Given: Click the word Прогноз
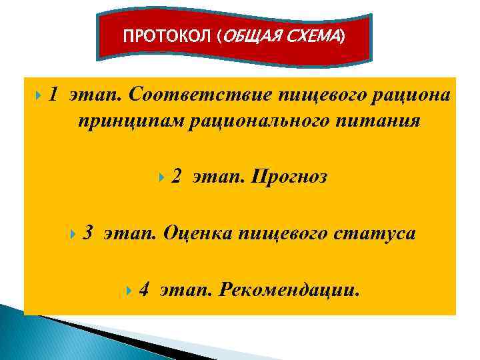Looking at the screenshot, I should pos(288,177).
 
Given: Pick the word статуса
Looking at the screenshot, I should pos(374,234).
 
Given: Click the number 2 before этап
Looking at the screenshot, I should pos(176,177).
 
